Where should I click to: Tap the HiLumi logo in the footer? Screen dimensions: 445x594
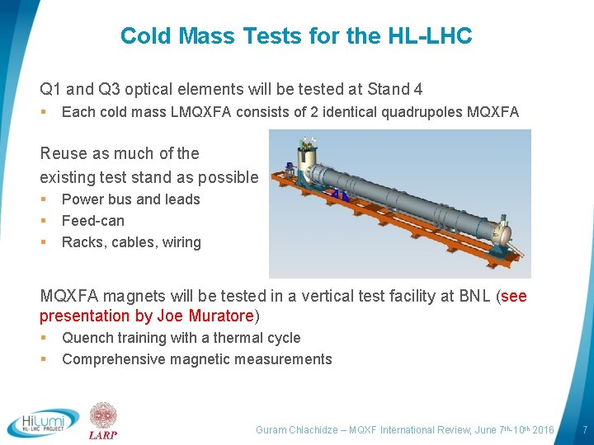coord(43,422)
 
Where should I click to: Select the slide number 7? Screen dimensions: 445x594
coord(584,430)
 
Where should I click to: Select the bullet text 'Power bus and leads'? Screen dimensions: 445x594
coord(130,199)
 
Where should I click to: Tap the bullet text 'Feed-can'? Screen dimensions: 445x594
coord(93,221)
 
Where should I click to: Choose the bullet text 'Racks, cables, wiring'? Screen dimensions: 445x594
coord(131,242)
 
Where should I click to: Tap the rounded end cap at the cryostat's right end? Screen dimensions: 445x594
coord(501,233)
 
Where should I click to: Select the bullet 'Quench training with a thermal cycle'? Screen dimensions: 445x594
coord(181,338)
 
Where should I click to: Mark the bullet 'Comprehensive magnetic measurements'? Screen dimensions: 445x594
coord(196,359)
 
